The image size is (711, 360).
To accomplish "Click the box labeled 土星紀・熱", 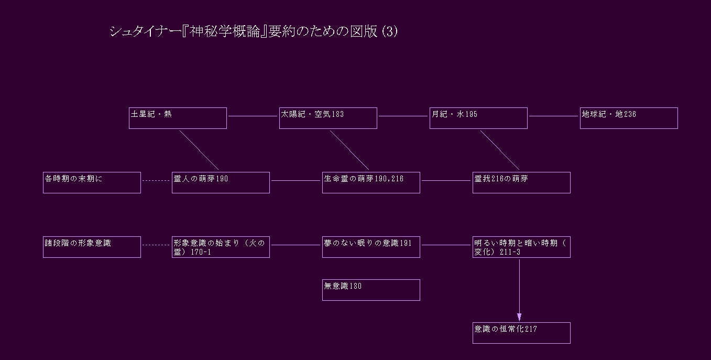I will point(178,118).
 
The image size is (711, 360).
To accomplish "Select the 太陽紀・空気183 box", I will point(328,118).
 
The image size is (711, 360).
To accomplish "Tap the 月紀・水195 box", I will point(478,118).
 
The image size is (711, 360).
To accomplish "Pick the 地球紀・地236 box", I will point(629,118).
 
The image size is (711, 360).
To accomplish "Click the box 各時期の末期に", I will point(92,182).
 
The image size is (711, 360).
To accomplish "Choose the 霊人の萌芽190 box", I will point(221,182).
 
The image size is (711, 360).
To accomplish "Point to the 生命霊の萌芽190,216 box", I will point(371,182).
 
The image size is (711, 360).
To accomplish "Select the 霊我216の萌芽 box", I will point(521,182).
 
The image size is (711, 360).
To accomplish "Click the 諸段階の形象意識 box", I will point(92,247).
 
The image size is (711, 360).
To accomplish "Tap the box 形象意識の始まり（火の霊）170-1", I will point(221,247).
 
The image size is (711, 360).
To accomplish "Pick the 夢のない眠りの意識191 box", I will point(371,247).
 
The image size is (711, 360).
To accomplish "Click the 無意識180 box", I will point(371,290).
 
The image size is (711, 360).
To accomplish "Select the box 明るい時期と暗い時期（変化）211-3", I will point(521,247).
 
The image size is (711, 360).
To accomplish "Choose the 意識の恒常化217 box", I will point(521,333).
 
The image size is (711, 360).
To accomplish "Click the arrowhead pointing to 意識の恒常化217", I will point(519,317).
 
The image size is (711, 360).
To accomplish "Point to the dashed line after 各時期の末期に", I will point(156,181).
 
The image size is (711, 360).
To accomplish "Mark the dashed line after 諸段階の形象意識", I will point(156,245).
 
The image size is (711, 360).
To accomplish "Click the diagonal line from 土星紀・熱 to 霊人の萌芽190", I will point(199,150).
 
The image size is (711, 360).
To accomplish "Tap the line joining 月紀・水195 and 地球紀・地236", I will point(553,116).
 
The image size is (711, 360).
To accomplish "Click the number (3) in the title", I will point(390,31).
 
